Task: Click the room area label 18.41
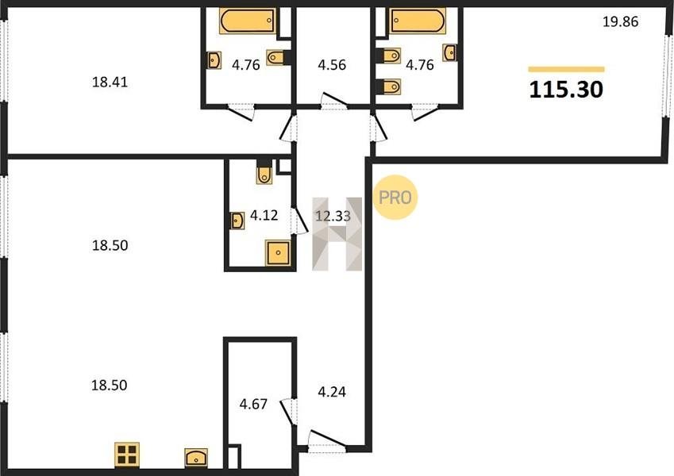pos(110,82)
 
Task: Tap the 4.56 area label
pos(332,65)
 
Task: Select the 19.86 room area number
pos(620,21)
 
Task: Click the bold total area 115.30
pos(566,90)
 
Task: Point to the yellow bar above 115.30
pos(566,69)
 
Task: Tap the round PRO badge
pos(395,198)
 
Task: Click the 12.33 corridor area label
pos(333,216)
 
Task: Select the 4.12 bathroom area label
pos(264,215)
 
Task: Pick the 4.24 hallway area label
pos(332,392)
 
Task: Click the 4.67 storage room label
pos(253,404)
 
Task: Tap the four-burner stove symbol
pos(127,455)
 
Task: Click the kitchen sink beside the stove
pos(196,458)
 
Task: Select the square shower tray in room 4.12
pos(278,252)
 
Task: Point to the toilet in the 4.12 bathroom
pos(264,172)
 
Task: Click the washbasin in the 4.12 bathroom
pos(237,221)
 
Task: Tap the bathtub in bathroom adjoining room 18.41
pos(248,20)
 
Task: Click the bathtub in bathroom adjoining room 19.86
pos(418,20)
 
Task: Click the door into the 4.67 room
pos(288,412)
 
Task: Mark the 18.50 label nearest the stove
pos(110,385)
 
